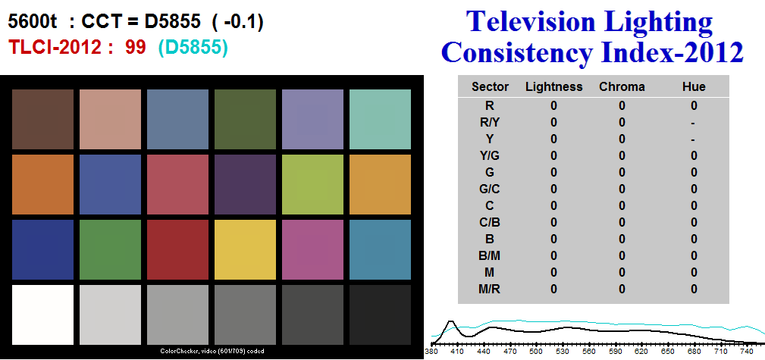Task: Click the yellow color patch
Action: point(245,249)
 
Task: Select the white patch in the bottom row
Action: point(43,315)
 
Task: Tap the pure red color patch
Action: point(177,249)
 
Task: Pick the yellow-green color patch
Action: point(312,184)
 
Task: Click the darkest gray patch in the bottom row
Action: point(380,315)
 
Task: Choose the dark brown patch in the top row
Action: point(43,119)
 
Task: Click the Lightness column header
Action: point(553,87)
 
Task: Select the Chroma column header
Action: point(622,87)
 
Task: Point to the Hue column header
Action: point(694,87)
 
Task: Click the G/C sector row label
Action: point(490,189)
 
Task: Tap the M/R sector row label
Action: point(490,289)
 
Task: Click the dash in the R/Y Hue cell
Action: point(693,123)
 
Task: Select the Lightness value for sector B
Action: point(553,239)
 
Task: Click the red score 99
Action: point(135,47)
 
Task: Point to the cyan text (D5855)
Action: point(193,48)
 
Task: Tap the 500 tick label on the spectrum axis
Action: point(536,351)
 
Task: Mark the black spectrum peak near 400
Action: point(451,321)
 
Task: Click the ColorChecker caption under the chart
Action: point(212,351)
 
